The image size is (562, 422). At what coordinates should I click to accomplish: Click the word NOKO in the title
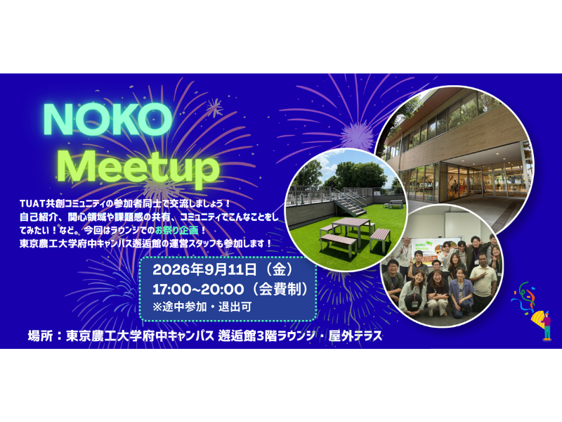[x=107, y=119]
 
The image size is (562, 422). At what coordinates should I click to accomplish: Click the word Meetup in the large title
[x=138, y=167]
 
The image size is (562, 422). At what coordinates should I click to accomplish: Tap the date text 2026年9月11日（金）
[x=223, y=270]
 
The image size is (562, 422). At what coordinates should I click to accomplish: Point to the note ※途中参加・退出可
[x=202, y=307]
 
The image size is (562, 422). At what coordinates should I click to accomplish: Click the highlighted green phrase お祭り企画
[x=177, y=230]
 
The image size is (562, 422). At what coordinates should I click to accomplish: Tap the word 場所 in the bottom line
[x=40, y=336]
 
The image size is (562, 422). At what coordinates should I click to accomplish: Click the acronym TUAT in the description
[x=32, y=203]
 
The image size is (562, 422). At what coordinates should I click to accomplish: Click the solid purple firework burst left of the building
[x=356, y=136]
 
